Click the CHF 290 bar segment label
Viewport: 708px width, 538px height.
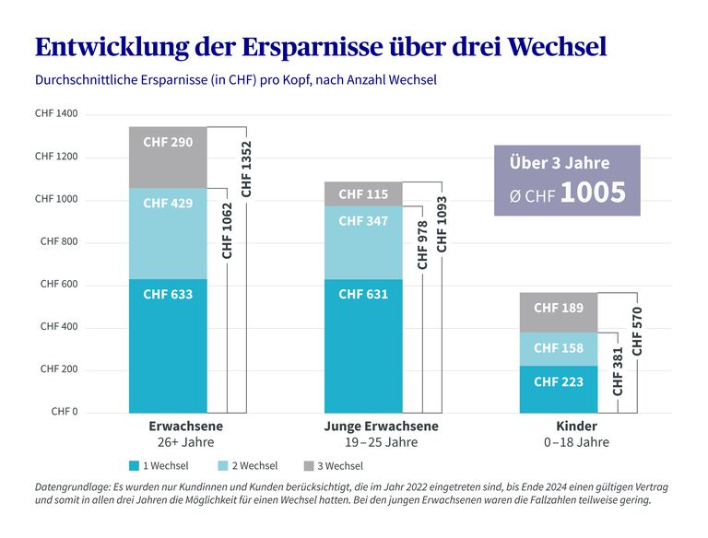(168, 143)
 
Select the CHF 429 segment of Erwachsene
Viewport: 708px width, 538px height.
(168, 203)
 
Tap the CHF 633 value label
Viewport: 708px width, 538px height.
(168, 295)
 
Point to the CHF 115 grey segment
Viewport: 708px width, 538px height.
(363, 194)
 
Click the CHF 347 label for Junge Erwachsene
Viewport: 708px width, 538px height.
(363, 221)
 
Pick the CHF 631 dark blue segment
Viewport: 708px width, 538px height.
(363, 295)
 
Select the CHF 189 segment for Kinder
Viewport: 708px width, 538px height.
(559, 308)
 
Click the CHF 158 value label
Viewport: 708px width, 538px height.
(559, 348)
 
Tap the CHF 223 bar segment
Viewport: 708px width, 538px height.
(559, 381)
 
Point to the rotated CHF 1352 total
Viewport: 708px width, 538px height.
(246, 168)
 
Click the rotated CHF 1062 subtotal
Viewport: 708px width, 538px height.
(228, 230)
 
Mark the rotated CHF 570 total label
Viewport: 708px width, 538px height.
(637, 331)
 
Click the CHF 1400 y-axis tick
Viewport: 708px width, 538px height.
(56, 114)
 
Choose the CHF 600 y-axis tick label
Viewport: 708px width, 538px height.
(59, 285)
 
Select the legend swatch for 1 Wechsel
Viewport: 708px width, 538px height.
(134, 466)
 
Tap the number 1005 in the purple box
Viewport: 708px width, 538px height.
(593, 192)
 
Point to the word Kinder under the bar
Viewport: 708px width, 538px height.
(577, 427)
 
